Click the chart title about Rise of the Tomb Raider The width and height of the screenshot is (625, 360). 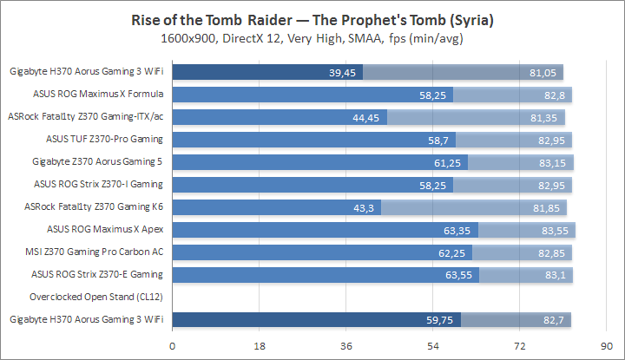click(312, 19)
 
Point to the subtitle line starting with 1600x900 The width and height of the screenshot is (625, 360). click(312, 38)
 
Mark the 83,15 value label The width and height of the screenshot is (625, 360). click(555, 162)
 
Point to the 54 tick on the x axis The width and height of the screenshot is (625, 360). click(432, 346)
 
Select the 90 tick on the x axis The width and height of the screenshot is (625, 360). click(605, 346)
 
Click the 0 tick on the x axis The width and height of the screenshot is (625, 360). click(173, 346)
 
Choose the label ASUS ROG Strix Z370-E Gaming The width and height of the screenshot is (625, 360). click(98, 274)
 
